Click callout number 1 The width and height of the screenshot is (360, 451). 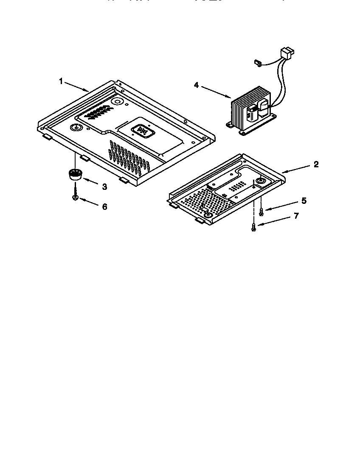pos(61,81)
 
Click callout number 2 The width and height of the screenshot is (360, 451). pos(315,165)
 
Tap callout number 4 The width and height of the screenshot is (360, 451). pos(196,85)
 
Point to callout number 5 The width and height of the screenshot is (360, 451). pos(303,200)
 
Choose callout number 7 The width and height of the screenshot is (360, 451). pos(296,216)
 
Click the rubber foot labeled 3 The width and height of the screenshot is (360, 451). pos(75,175)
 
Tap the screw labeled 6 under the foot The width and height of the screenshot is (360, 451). pos(75,198)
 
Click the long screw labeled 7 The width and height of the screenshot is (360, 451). pos(254,227)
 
